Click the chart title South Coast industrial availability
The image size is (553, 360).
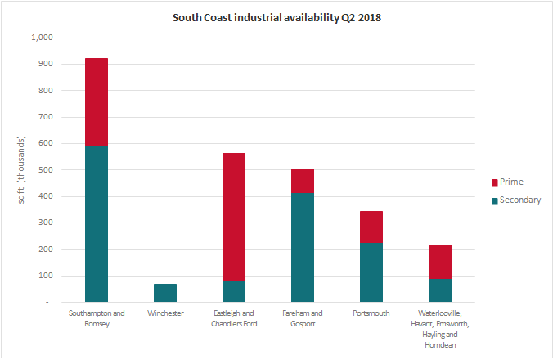click(x=276, y=17)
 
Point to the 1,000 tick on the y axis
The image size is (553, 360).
click(x=40, y=38)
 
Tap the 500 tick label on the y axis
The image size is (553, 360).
click(x=43, y=170)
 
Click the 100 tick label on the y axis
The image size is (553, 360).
click(x=43, y=276)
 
